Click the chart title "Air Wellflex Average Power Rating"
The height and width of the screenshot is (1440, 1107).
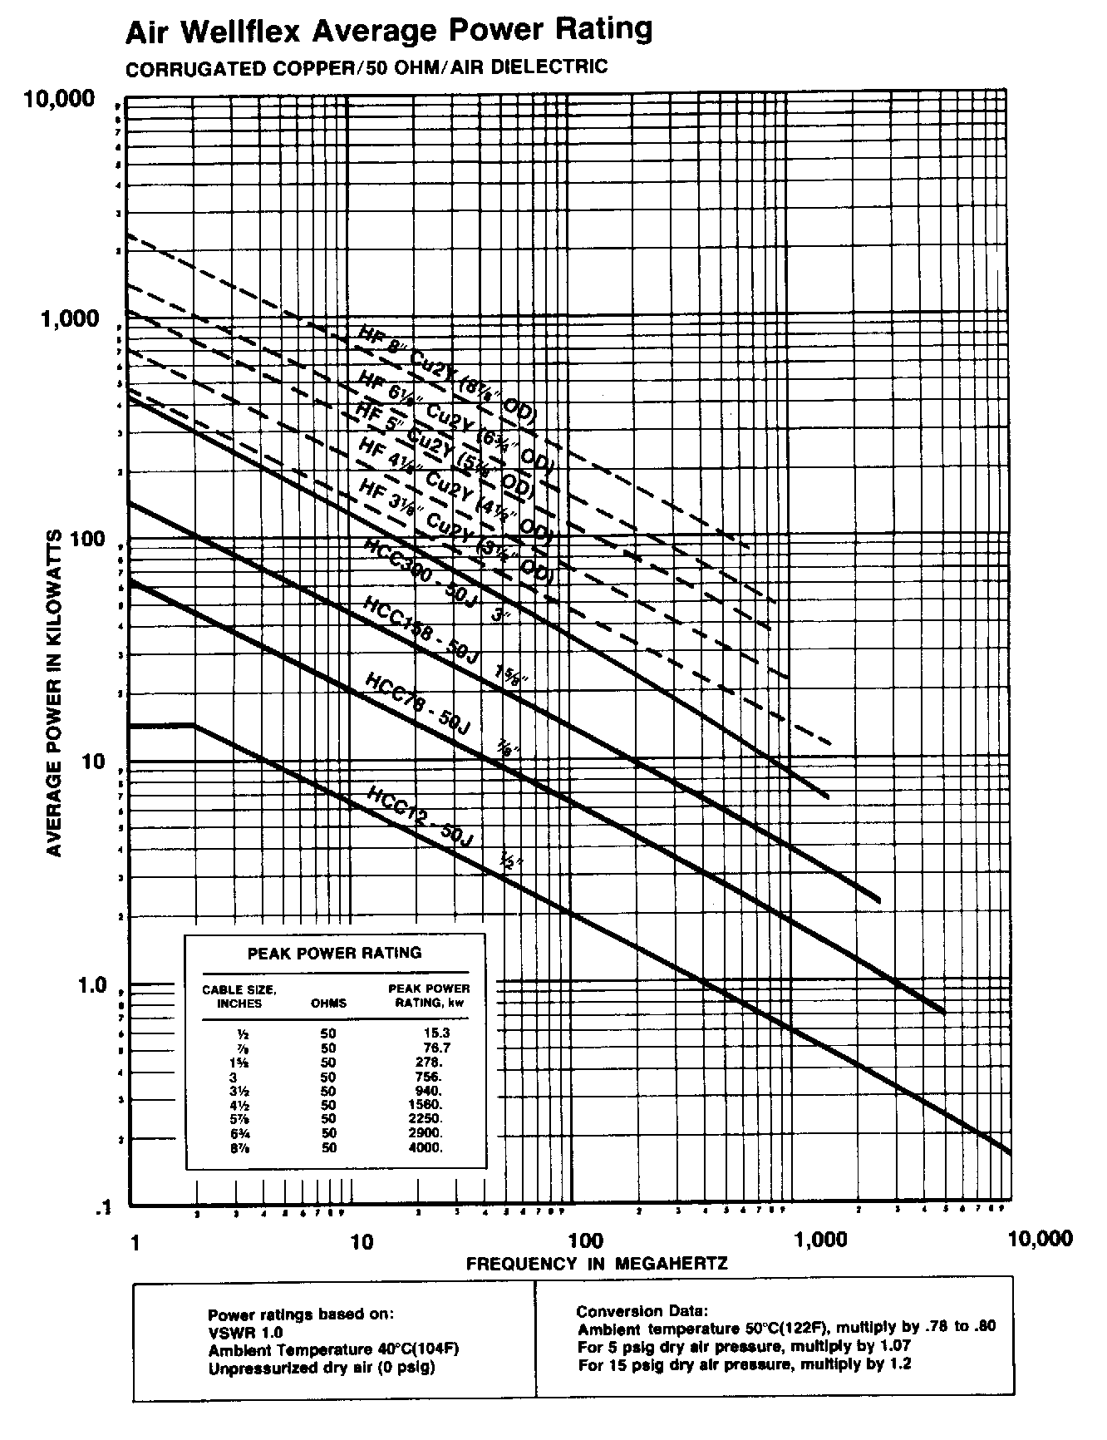pos(388,31)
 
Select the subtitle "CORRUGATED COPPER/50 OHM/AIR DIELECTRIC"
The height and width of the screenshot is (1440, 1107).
pos(366,67)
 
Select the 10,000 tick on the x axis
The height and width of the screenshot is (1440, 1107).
pos(1039,1239)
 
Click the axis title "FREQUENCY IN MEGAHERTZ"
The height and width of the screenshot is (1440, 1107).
pos(597,1264)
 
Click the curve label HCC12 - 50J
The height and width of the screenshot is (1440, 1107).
pos(419,816)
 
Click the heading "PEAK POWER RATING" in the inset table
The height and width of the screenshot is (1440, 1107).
pos(335,953)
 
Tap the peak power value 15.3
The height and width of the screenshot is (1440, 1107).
pos(437,1033)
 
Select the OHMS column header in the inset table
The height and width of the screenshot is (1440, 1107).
pos(328,1003)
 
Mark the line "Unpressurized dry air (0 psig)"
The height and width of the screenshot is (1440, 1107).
pos(321,1367)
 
